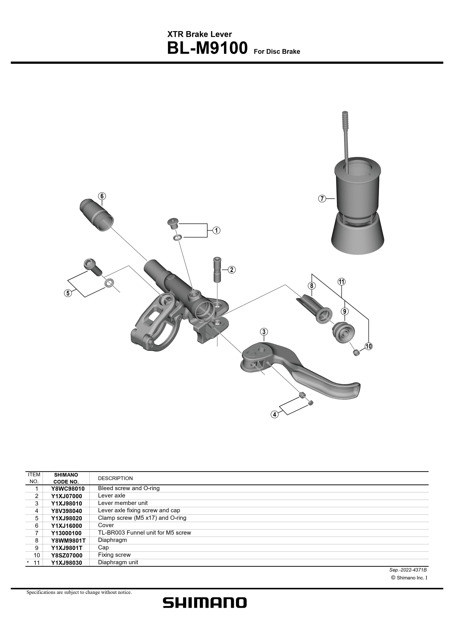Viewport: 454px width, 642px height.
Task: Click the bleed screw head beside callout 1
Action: tap(173, 223)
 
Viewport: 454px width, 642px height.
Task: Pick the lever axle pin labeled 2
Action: tap(217, 270)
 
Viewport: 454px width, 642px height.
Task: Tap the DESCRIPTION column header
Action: tap(115, 478)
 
